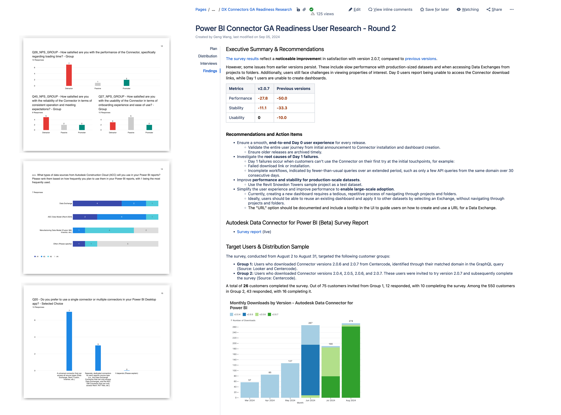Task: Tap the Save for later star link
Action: pos(434,10)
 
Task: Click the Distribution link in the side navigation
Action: pos(207,56)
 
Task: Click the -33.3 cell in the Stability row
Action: pos(282,108)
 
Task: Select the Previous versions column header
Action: pos(294,89)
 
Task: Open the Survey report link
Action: pos(249,232)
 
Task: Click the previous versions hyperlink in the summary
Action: pos(420,59)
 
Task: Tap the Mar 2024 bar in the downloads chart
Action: pos(250,390)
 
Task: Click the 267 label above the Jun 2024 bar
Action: pos(310,323)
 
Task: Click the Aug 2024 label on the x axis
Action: pos(351,400)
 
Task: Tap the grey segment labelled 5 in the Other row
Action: pos(128,244)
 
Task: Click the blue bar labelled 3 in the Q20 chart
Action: pos(98,358)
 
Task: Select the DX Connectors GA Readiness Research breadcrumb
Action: pos(257,10)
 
